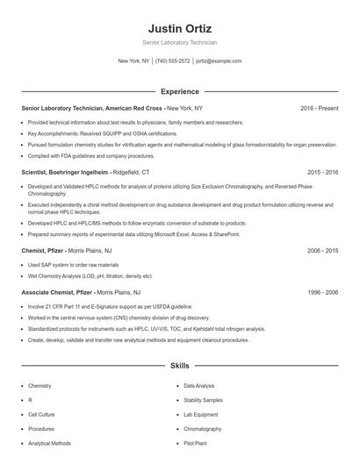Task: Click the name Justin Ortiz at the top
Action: [179, 28]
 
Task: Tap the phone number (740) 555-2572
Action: [172, 61]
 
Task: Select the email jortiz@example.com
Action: [219, 61]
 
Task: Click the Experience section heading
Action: [179, 91]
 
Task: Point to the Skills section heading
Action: [179, 364]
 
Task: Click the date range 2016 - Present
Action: [319, 108]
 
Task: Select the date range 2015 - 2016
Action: [322, 173]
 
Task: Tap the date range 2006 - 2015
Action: [322, 250]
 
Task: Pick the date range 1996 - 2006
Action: [322, 292]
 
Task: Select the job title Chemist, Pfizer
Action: [44, 250]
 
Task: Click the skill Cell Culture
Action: [41, 414]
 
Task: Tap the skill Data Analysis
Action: [198, 385]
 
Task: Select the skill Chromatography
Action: [203, 429]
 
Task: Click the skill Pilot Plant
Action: [196, 443]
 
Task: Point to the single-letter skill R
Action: [30, 399]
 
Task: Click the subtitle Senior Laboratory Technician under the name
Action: [179, 42]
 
